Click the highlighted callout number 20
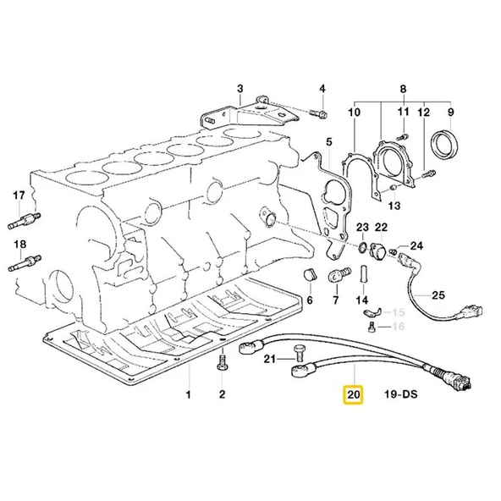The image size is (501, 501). pyautogui.click(x=351, y=394)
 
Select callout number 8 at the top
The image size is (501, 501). pyautogui.click(x=403, y=89)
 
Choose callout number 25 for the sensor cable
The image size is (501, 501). pyautogui.click(x=438, y=295)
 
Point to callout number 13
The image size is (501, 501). pyautogui.click(x=394, y=206)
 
